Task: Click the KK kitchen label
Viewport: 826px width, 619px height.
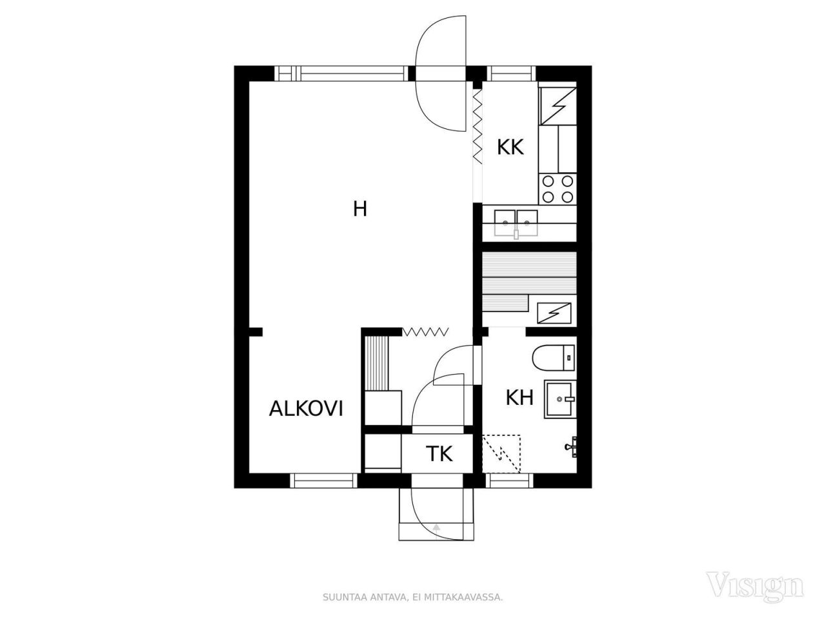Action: (x=510, y=147)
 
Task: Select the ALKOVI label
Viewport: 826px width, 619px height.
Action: (x=306, y=409)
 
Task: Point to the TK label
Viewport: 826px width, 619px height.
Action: (x=439, y=453)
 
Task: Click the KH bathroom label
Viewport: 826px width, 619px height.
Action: (x=519, y=397)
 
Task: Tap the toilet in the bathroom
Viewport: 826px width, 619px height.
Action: (x=554, y=358)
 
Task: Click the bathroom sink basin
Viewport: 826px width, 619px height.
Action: (x=560, y=399)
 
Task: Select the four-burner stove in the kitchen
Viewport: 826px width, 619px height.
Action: (x=558, y=189)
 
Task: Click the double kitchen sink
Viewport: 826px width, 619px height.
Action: (x=516, y=223)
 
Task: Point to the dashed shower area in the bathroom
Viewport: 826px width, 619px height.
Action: (x=501, y=454)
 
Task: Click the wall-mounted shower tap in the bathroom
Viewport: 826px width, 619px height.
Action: (x=572, y=447)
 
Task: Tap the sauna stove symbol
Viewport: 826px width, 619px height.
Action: (x=554, y=313)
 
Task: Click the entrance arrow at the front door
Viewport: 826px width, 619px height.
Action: (x=436, y=527)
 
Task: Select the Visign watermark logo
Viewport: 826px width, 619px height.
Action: (x=754, y=585)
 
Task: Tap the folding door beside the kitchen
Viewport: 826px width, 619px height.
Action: (x=477, y=126)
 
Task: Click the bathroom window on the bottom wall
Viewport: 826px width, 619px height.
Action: (x=510, y=480)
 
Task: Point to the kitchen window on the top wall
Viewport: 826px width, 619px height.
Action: (x=511, y=74)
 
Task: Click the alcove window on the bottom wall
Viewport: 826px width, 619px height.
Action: (x=323, y=480)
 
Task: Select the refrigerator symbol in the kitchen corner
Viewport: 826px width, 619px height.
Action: (x=558, y=106)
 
